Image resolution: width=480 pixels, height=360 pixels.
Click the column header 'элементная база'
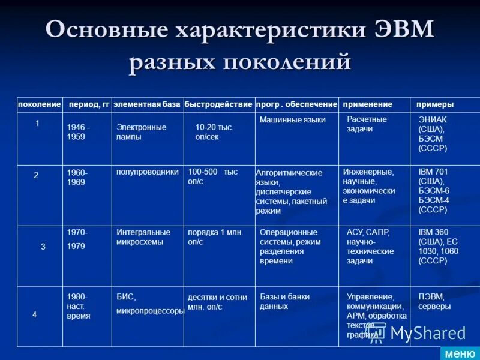(146, 104)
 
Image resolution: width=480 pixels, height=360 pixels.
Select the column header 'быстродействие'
(218, 104)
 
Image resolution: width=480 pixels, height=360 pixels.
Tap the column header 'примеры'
(435, 104)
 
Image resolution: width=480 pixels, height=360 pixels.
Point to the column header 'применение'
(367, 104)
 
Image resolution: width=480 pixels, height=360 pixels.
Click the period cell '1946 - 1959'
(79, 132)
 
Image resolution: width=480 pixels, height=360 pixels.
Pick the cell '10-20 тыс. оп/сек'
(214, 132)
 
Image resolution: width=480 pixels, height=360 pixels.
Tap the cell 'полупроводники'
(147, 172)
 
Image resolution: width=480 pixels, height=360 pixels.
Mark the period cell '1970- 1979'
(77, 239)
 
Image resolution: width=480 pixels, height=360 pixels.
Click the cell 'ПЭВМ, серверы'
(434, 301)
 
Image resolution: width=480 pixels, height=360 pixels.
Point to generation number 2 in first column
(36, 176)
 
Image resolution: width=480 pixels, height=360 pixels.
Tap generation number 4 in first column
(34, 314)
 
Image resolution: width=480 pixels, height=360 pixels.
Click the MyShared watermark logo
(416, 333)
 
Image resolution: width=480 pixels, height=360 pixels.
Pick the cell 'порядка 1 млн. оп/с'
(215, 237)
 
